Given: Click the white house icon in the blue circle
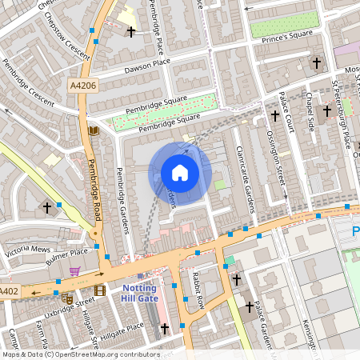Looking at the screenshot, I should [x=180, y=173].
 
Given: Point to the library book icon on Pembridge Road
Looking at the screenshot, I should [x=94, y=130].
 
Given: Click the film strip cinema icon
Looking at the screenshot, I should [x=99, y=290].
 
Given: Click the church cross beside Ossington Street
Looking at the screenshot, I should [x=275, y=116].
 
